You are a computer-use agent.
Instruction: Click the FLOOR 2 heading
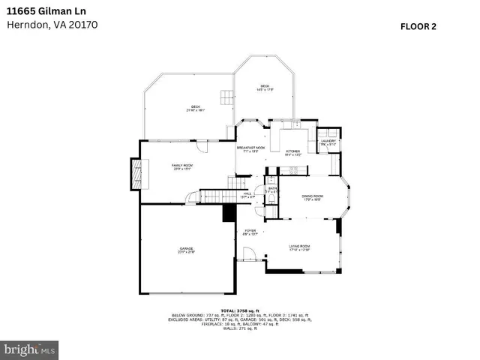coord(418,25)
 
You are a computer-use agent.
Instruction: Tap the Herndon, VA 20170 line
coord(52,24)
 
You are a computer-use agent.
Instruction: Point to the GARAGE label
coord(186,250)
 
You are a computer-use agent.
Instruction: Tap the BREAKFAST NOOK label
coord(251,148)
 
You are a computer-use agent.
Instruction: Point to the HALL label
coord(246,194)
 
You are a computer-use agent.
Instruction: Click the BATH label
coord(272,189)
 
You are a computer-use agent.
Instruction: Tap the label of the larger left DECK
coord(195,106)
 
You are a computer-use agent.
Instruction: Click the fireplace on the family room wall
coord(136,174)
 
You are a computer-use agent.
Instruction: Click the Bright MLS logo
coord(29,349)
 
